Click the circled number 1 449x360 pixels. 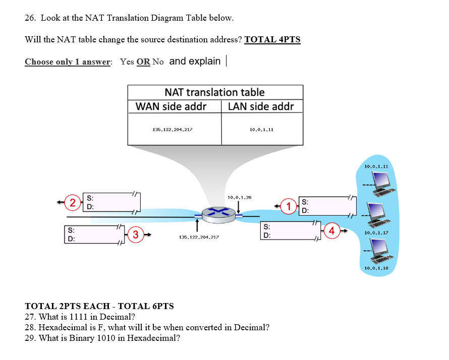pyautogui.click(x=289, y=206)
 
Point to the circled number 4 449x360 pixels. pyautogui.click(x=331, y=231)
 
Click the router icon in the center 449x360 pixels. pyautogui.click(x=218, y=215)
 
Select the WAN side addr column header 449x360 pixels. pyautogui.click(x=172, y=106)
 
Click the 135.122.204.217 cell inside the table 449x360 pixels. pyautogui.click(x=172, y=130)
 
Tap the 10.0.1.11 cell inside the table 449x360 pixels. pyautogui.click(x=261, y=130)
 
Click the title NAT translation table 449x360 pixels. pyautogui.click(x=214, y=92)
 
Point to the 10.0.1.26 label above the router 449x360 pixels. pyautogui.click(x=240, y=197)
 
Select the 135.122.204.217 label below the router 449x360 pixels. pyautogui.click(x=199, y=236)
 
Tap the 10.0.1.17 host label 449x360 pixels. pyautogui.click(x=376, y=232)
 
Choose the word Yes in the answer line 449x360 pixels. pyautogui.click(x=127, y=62)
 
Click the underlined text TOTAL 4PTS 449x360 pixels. pyautogui.click(x=272, y=39)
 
